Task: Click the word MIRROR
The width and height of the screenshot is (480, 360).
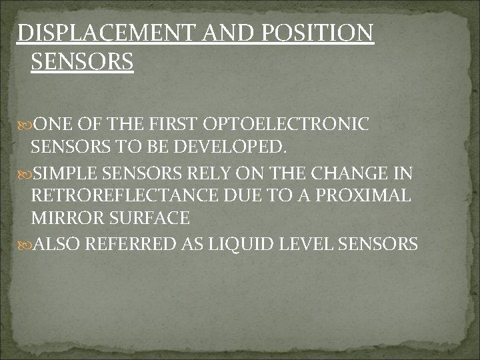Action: tap(64, 218)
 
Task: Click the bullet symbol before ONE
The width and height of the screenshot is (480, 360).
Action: tap(25, 125)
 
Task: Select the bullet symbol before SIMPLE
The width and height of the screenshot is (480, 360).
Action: tap(25, 175)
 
